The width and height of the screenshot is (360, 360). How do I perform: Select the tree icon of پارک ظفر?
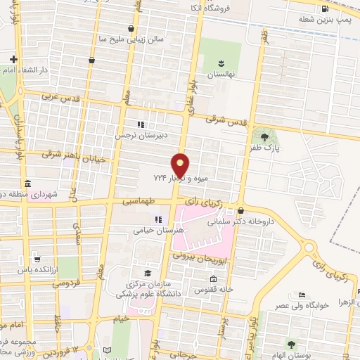(x=264, y=137)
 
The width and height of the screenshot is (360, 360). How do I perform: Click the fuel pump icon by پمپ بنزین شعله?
(x=324, y=9)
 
